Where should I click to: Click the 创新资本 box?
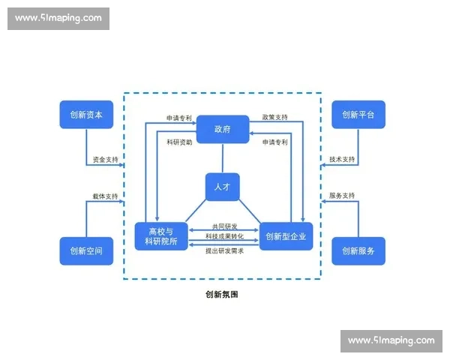[86, 115]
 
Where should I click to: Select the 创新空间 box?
[86, 250]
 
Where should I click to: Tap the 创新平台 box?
[358, 115]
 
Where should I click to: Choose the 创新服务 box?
[358, 250]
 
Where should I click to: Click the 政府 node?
[223, 129]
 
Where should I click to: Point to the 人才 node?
[223, 187]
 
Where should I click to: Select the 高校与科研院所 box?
[160, 236]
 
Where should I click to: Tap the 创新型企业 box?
[286, 236]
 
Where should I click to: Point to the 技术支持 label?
[342, 160]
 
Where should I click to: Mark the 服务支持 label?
[342, 196]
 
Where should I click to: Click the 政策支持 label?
[274, 118]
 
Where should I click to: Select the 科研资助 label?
[179, 142]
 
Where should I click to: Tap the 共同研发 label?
[223, 226]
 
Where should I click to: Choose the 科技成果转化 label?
[223, 237]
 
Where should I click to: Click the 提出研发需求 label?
[223, 250]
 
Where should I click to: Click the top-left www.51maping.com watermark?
[59, 18]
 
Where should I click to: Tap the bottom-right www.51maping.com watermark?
[390, 340]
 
